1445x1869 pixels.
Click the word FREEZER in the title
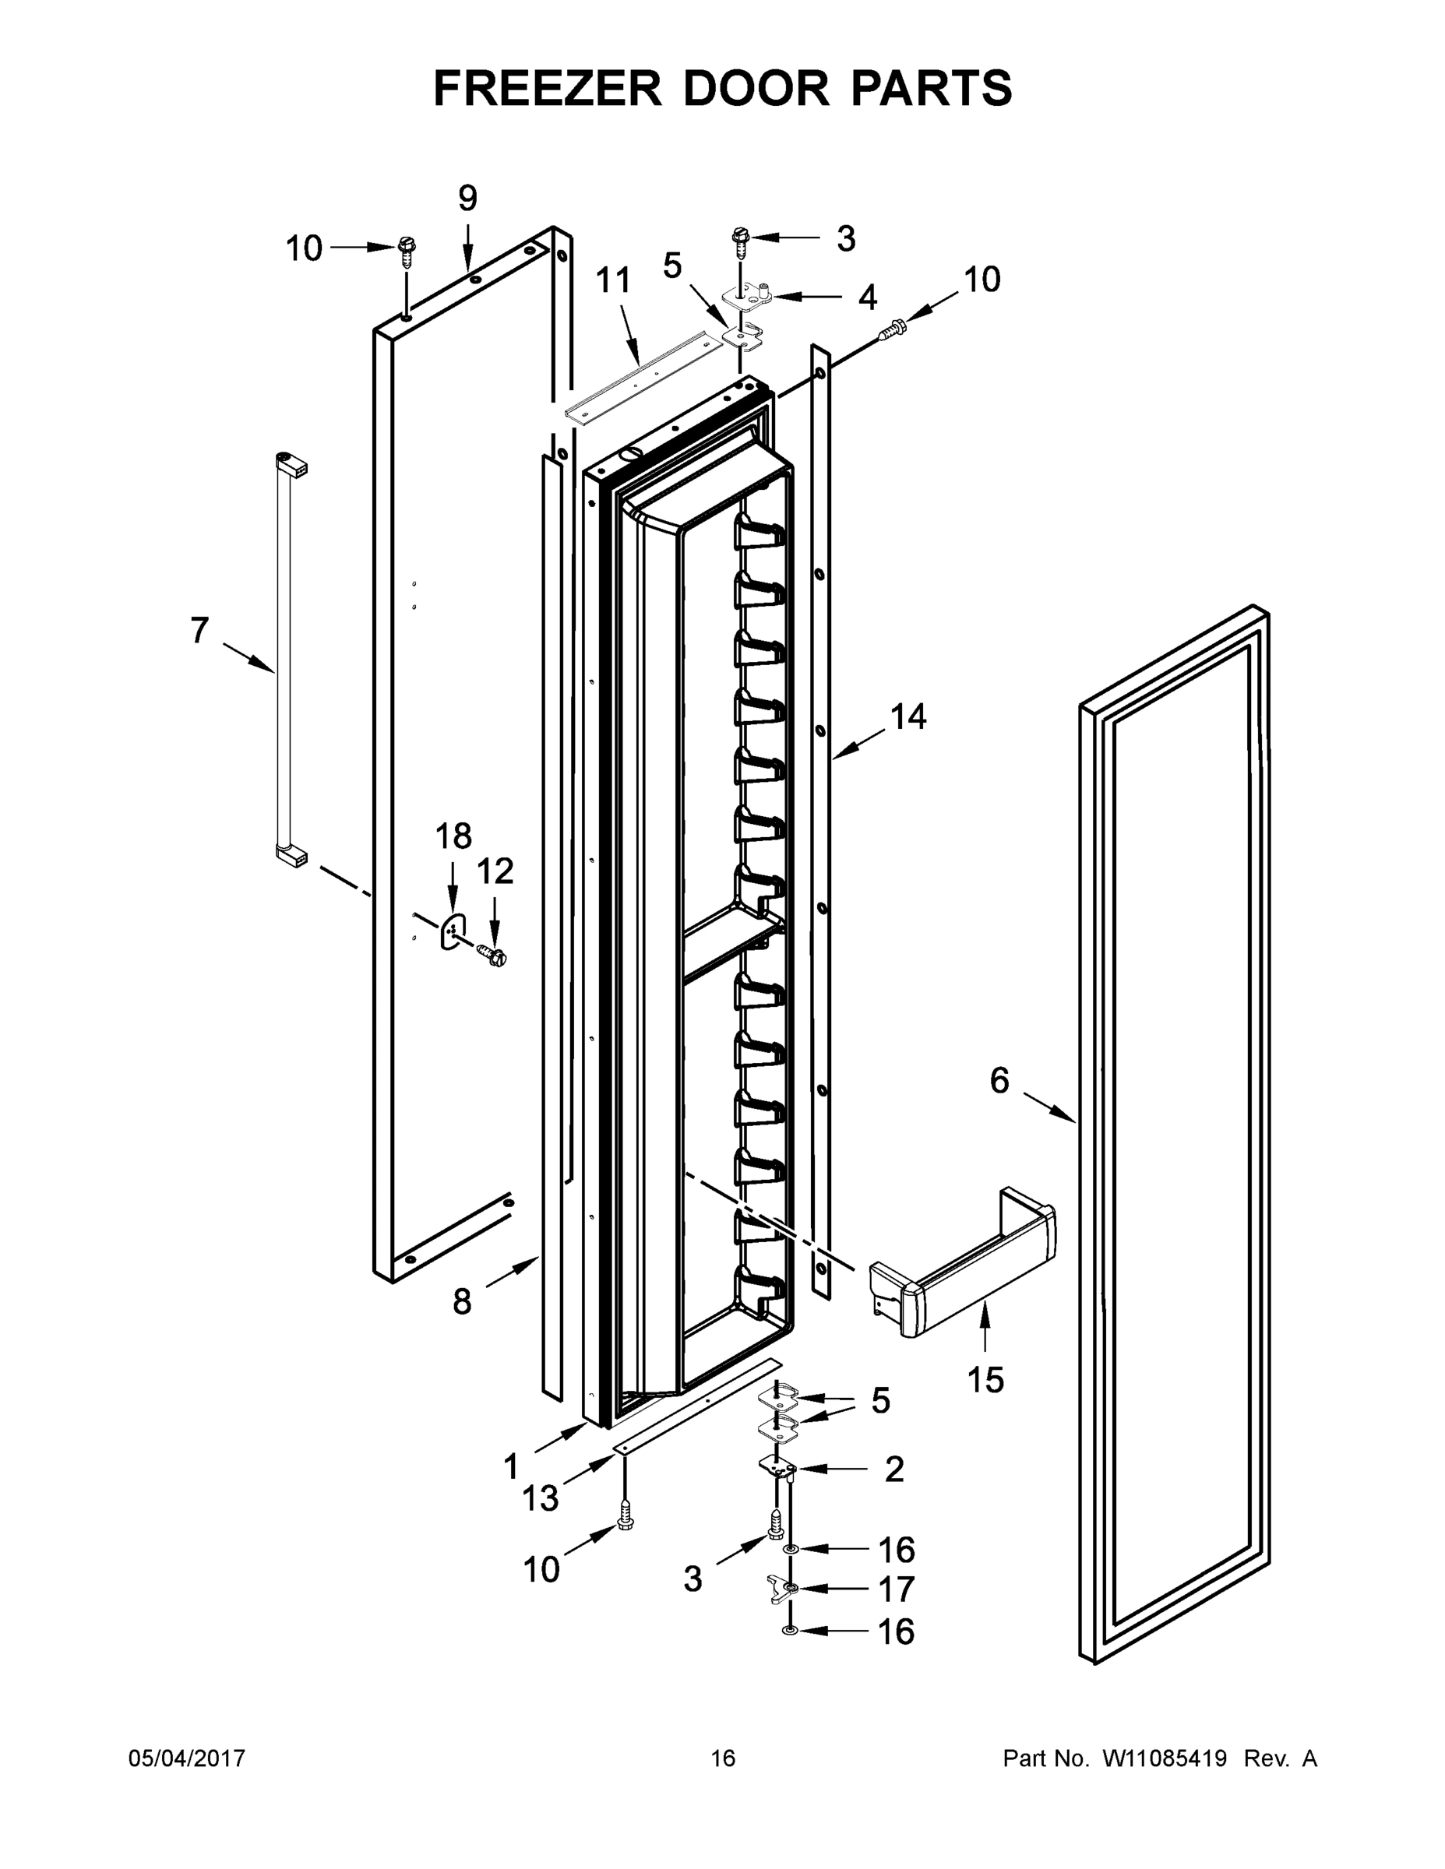click(547, 89)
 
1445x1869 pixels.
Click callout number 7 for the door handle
click(199, 631)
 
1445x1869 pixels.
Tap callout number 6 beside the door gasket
click(999, 1081)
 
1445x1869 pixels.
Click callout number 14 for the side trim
click(908, 716)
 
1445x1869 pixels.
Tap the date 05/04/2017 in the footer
click(187, 1758)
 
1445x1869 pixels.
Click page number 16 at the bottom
click(723, 1758)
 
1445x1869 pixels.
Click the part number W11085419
click(1165, 1758)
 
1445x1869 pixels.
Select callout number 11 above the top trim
click(613, 280)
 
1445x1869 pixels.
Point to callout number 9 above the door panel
click(467, 199)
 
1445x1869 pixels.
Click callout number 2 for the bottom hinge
click(893, 1470)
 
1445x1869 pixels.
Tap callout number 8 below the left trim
click(462, 1301)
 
